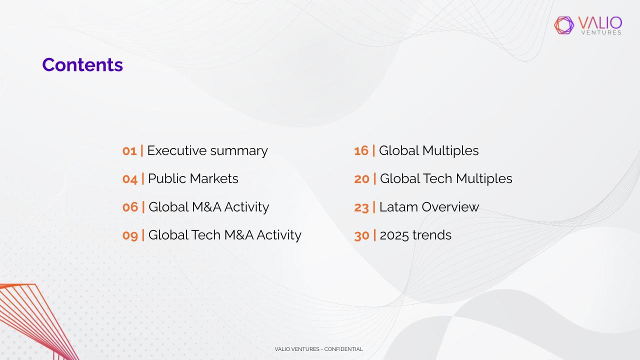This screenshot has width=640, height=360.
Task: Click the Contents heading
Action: [x=82, y=64]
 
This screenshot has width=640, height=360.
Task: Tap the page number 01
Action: [x=129, y=151]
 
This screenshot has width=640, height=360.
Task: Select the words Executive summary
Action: [x=207, y=151]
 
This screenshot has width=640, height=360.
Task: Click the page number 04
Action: [x=129, y=179]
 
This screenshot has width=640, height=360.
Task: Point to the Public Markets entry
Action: [x=193, y=178]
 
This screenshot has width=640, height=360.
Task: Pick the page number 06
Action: [x=130, y=207]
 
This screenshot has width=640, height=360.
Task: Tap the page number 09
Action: [x=130, y=235]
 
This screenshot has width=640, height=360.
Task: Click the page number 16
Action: [x=361, y=151]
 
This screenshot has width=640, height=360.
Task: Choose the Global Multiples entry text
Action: [x=429, y=151]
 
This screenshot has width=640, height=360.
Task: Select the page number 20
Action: [x=362, y=179]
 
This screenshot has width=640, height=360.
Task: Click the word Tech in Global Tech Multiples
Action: [x=437, y=178]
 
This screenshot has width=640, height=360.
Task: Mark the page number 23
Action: [x=361, y=207]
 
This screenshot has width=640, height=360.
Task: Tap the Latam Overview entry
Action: [x=429, y=207]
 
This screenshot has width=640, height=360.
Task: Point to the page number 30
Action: [x=362, y=235]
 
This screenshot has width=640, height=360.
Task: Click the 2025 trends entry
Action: [x=415, y=235]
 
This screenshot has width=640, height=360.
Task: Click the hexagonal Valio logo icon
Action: [x=564, y=25]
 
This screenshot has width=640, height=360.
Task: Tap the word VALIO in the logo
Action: [x=600, y=23]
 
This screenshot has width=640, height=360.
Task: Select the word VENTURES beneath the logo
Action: [x=601, y=32]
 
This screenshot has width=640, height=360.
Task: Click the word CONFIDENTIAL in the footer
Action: [x=343, y=349]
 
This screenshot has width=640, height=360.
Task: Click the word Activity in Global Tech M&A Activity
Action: [x=279, y=235]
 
